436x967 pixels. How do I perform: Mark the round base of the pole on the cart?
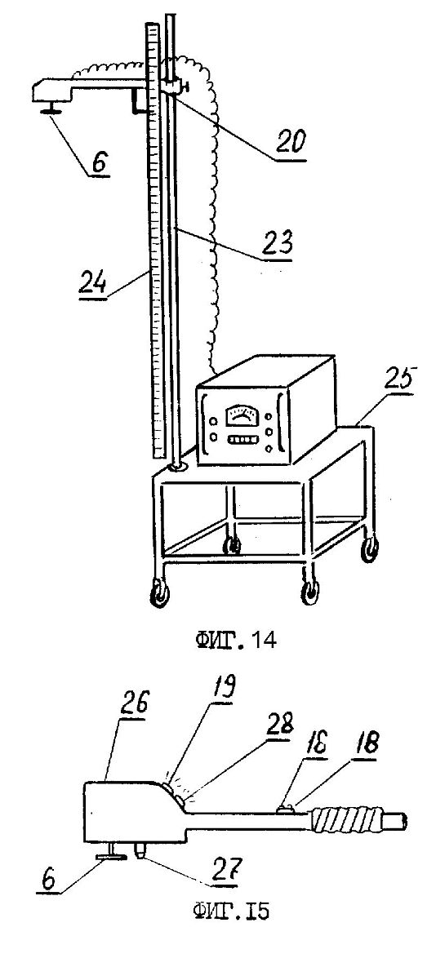coord(176,468)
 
